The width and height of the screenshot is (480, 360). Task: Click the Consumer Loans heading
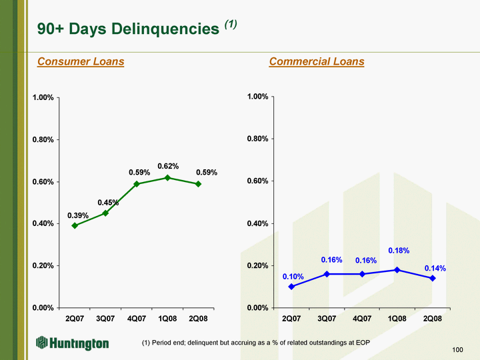pyautogui.click(x=81, y=62)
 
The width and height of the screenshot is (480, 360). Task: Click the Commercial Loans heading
pyautogui.click(x=317, y=62)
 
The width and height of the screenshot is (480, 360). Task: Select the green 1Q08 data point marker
pyautogui.click(x=167, y=177)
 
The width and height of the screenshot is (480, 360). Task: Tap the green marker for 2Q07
pyautogui.click(x=75, y=225)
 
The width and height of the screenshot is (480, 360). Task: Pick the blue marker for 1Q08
pyautogui.click(x=397, y=270)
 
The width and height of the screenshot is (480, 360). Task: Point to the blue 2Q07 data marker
pyautogui.click(x=291, y=287)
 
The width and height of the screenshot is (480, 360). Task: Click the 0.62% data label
pyautogui.click(x=168, y=165)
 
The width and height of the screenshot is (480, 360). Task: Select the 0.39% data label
pyautogui.click(x=78, y=215)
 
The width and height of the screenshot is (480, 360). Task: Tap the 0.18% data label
pyautogui.click(x=399, y=251)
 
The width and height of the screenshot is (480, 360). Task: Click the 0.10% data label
pyautogui.click(x=293, y=276)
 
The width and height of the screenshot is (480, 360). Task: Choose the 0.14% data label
pyautogui.click(x=435, y=268)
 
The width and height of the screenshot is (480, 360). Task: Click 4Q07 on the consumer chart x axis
pyautogui.click(x=137, y=319)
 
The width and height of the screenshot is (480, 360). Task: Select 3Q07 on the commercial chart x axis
pyautogui.click(x=327, y=319)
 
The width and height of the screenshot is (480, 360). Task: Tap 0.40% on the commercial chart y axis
pyautogui.click(x=257, y=223)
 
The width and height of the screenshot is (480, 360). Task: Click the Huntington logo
pyautogui.click(x=73, y=343)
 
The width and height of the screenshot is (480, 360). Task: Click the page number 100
pyautogui.click(x=457, y=349)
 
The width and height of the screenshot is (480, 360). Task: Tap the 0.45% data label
pyautogui.click(x=108, y=203)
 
